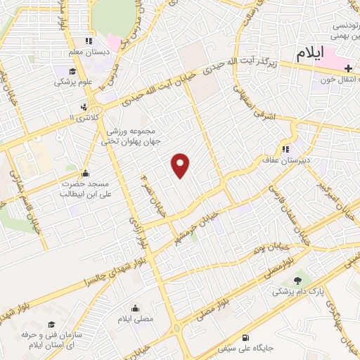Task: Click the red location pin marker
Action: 181,165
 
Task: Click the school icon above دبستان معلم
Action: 89,41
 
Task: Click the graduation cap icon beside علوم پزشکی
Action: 73,70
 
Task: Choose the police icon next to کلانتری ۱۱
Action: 84,108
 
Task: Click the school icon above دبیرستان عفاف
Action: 285,149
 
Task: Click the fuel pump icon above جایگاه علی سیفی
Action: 244,335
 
